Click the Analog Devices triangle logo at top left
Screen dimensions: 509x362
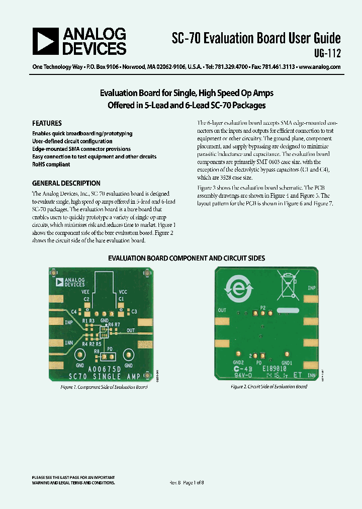tap(45, 41)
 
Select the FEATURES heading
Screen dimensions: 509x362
tap(47, 123)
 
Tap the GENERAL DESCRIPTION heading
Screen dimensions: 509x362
tap(66, 184)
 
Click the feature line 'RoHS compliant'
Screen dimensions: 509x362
tap(51, 164)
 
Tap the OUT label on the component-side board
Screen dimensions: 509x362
tap(131, 330)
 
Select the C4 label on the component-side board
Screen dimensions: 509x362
tap(74, 312)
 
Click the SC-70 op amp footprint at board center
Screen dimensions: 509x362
tap(104, 332)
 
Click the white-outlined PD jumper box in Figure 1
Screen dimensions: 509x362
tap(110, 356)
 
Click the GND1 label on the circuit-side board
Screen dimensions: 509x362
tap(287, 363)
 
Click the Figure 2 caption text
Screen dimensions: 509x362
tap(268, 386)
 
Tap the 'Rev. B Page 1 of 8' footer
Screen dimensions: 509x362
tap(187, 482)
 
